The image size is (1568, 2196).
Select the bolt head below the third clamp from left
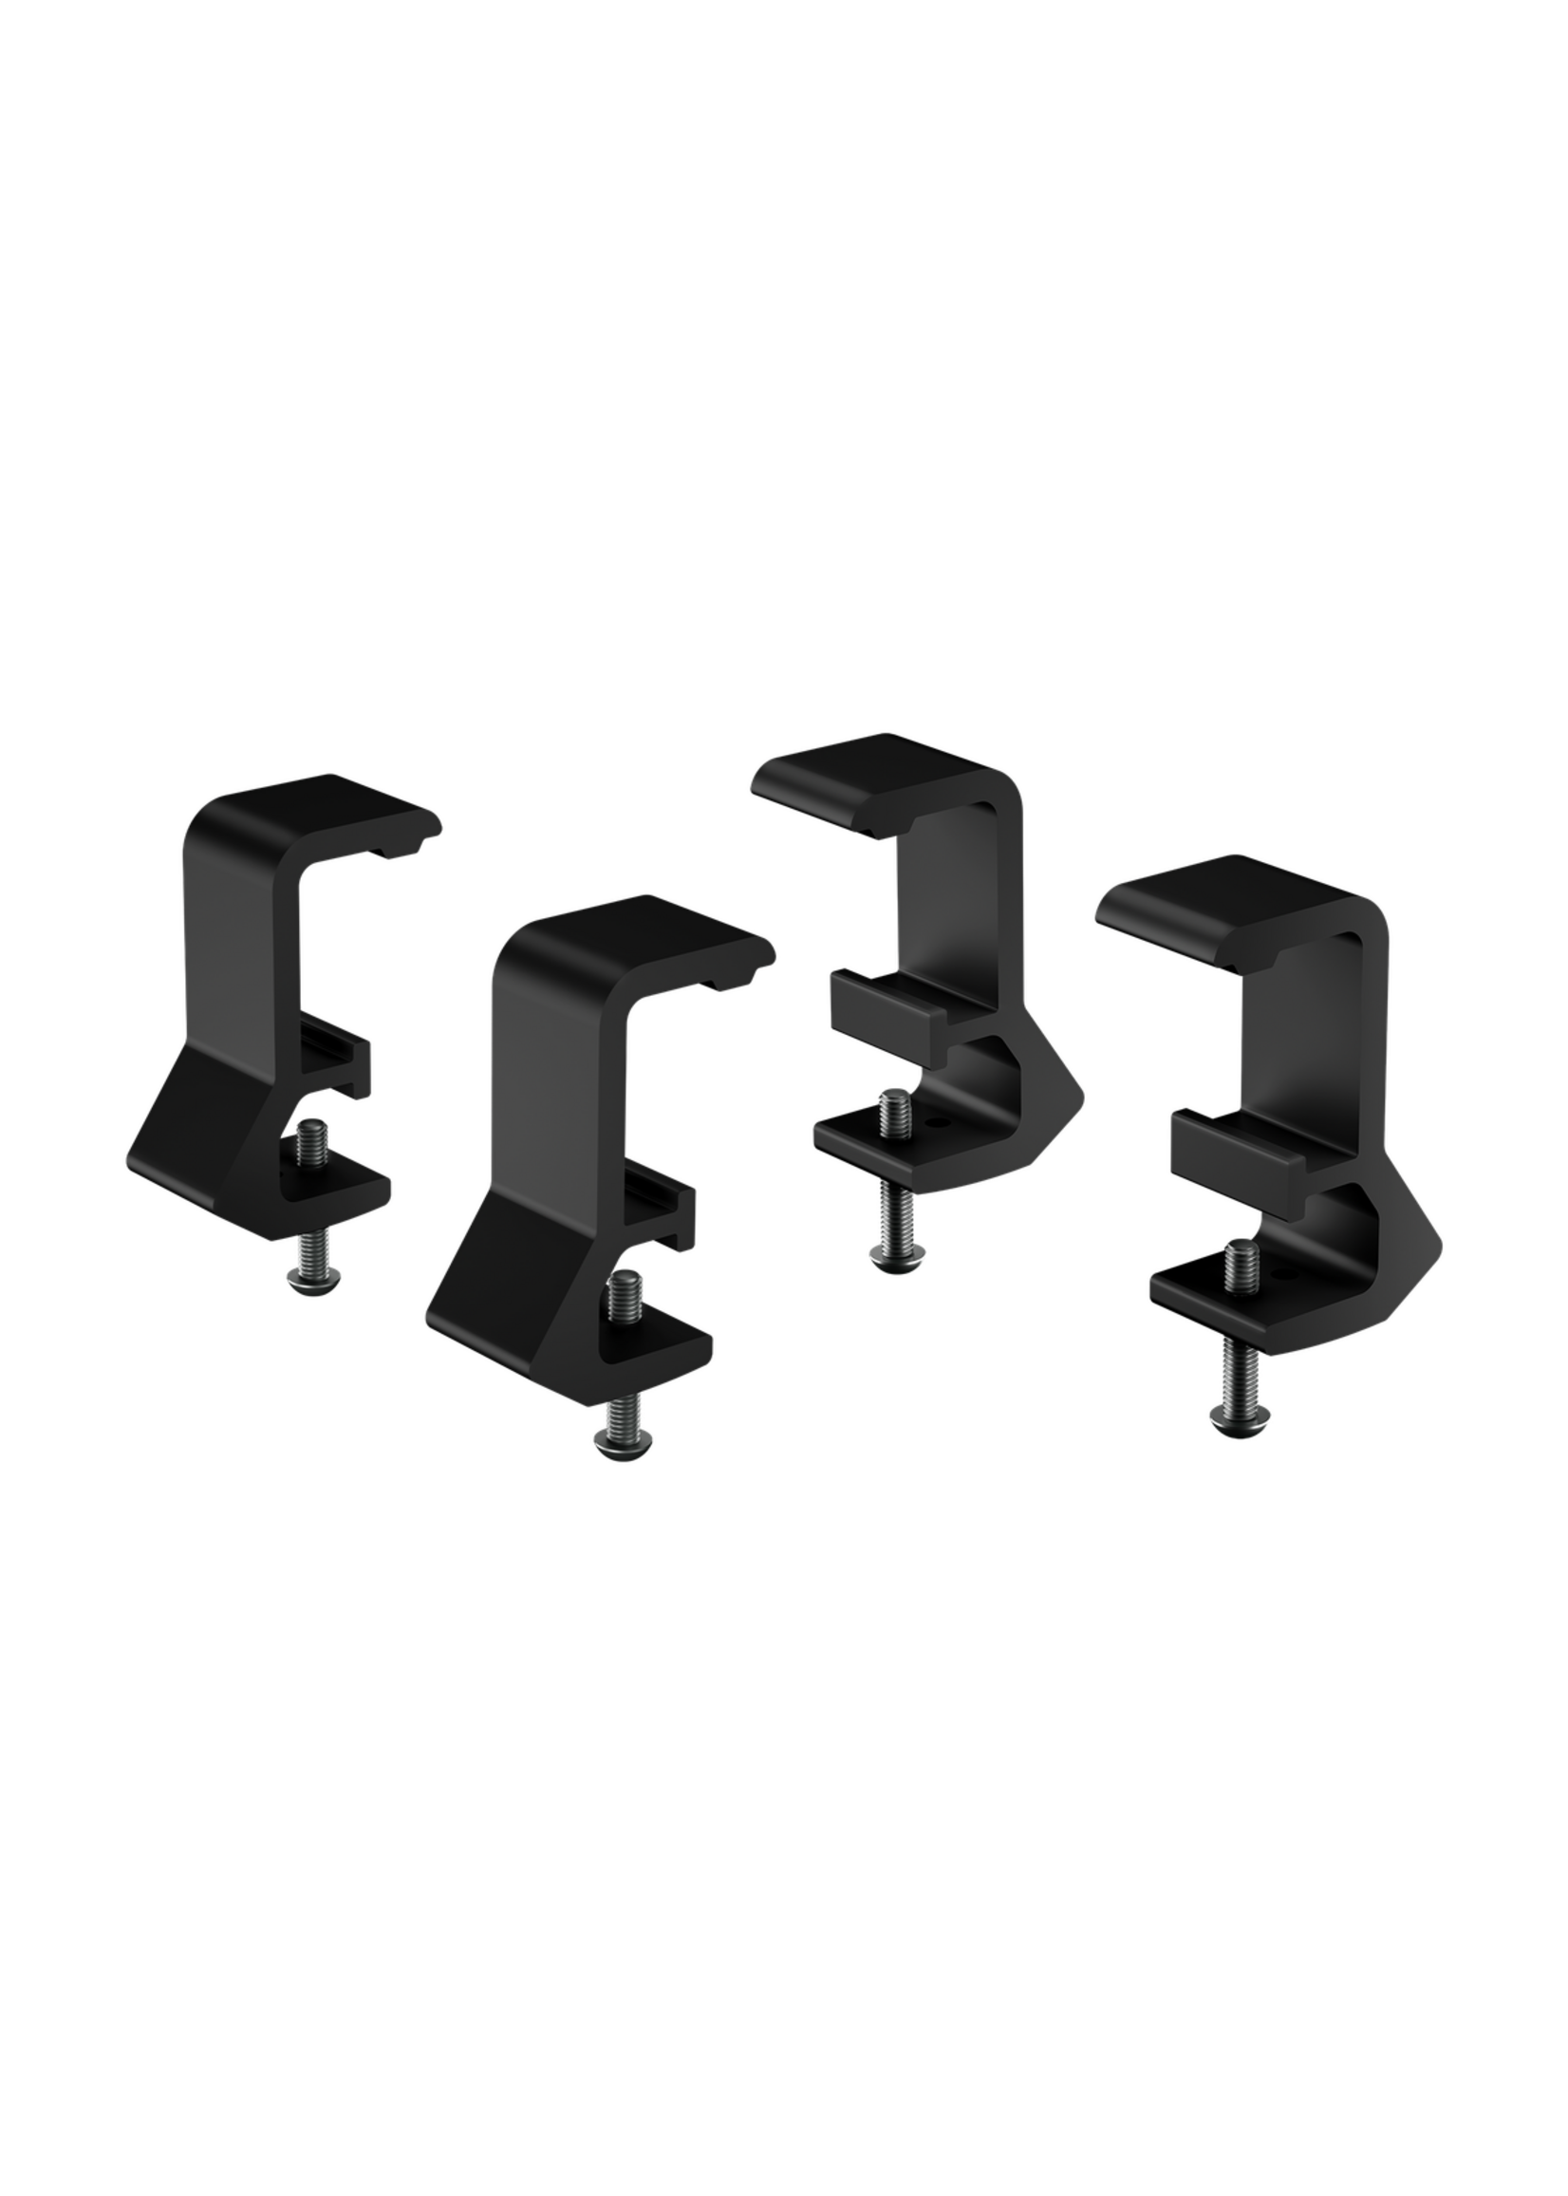[x=897, y=1254]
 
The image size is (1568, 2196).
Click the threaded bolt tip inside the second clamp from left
[x=625, y=1290]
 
